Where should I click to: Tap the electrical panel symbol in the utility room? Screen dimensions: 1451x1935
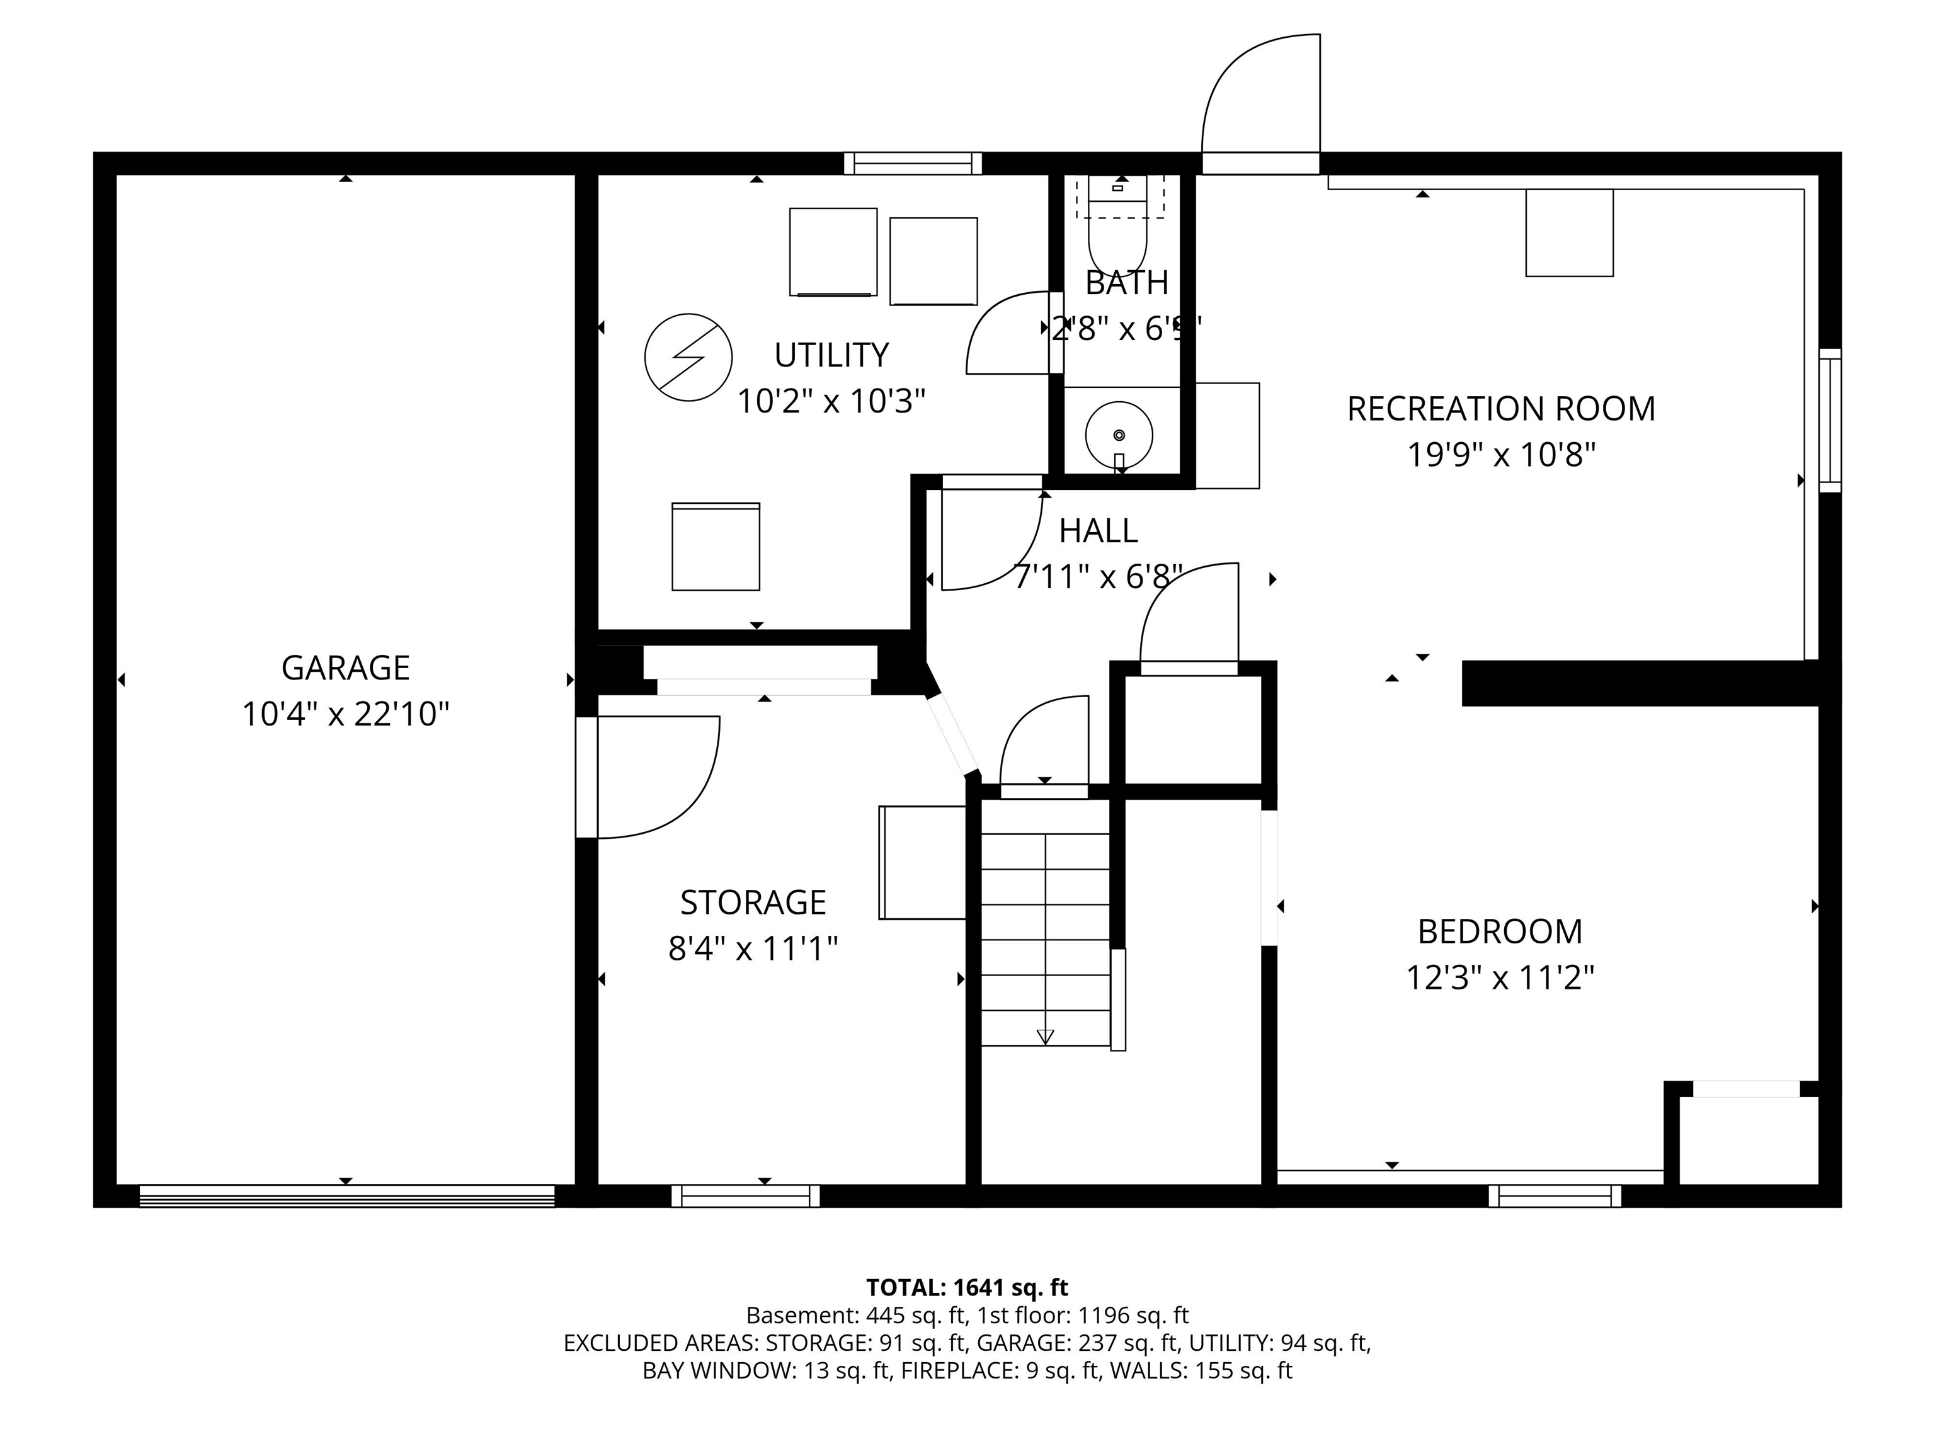[x=688, y=357]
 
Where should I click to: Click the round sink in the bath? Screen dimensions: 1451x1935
[x=1119, y=435]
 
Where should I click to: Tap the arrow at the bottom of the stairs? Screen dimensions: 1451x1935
[x=1044, y=1037]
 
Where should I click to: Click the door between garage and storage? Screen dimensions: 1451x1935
[x=648, y=777]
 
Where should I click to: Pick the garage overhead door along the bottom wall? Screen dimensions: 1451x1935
[x=346, y=1195]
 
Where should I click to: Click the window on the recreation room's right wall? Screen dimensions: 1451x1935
[x=1829, y=420]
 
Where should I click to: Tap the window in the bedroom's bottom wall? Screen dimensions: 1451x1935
[x=1555, y=1195]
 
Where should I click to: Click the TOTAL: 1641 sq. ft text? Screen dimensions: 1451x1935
[x=967, y=1287]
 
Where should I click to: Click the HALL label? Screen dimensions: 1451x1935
[x=1098, y=531]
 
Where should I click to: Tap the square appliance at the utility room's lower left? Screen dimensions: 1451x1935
[x=716, y=547]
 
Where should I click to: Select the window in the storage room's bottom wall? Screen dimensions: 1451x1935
[x=745, y=1195]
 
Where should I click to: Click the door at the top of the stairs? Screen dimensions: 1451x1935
[x=1044, y=743]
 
